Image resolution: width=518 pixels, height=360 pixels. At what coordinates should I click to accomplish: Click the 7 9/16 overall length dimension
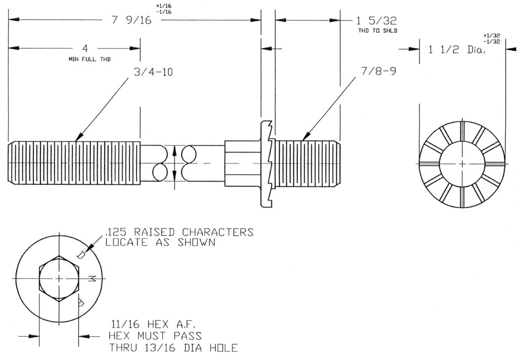pyautogui.click(x=132, y=20)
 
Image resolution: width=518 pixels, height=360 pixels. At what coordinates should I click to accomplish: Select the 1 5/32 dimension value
pyautogui.click(x=376, y=21)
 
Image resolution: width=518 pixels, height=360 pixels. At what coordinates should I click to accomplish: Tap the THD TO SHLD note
pyautogui.click(x=377, y=31)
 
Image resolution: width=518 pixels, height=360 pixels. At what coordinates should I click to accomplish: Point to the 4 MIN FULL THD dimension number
pyautogui.click(x=85, y=48)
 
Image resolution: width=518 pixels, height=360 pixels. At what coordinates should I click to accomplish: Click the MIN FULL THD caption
pyautogui.click(x=90, y=59)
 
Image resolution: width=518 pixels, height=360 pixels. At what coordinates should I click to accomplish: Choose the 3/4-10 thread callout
pyautogui.click(x=153, y=72)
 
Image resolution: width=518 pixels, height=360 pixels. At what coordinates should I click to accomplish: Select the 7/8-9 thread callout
pyautogui.click(x=378, y=71)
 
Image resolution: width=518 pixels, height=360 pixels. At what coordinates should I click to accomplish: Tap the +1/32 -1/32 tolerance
pyautogui.click(x=492, y=38)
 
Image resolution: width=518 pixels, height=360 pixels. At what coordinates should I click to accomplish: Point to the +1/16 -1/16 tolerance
pyautogui.click(x=163, y=9)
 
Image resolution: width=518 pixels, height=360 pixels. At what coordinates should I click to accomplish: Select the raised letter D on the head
pyautogui.click(x=81, y=255)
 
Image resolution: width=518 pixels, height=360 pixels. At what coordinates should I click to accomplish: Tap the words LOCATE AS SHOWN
pyautogui.click(x=160, y=243)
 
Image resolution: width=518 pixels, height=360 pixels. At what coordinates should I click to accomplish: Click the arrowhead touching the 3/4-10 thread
pyautogui.click(x=79, y=137)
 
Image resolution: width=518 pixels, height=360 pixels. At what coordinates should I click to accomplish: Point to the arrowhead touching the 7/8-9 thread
pyautogui.click(x=306, y=136)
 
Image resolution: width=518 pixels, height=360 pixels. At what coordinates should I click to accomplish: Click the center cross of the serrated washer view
pyautogui.click(x=462, y=164)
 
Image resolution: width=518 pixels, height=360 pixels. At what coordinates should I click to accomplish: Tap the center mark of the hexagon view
pyautogui.click(x=59, y=278)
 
